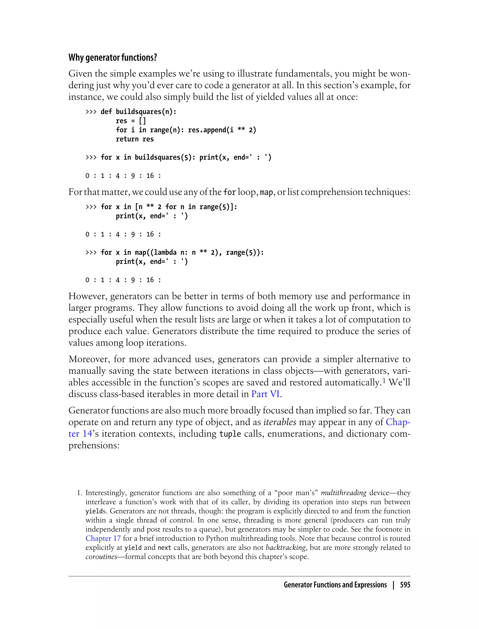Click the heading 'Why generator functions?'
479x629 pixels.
pyautogui.click(x=113, y=58)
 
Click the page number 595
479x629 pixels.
pyautogui.click(x=405, y=585)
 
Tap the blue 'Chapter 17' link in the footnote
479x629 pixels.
pyautogui.click(x=103, y=538)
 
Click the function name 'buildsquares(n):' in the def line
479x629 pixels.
pyautogui.click(x=146, y=112)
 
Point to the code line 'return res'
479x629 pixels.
pyautogui.click(x=134, y=139)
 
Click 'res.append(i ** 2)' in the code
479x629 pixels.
pyautogui.click(x=222, y=130)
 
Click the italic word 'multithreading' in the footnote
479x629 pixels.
pyautogui.click(x=344, y=493)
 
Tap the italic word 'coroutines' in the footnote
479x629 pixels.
pyautogui.click(x=101, y=556)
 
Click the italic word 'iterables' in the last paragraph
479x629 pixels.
pyautogui.click(x=280, y=422)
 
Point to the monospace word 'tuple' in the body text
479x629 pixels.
pyautogui.click(x=230, y=434)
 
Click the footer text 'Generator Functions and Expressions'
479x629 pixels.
pyautogui.click(x=335, y=585)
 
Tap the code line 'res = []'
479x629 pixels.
pyautogui.click(x=131, y=121)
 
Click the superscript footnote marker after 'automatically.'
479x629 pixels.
pyautogui.click(x=384, y=380)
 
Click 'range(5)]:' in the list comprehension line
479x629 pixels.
pyautogui.click(x=218, y=207)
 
